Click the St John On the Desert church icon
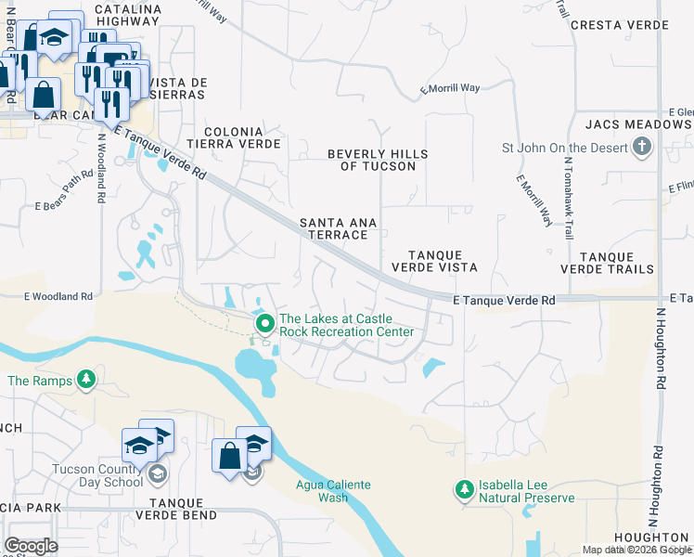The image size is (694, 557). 641,147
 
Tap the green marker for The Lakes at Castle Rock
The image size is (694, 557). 265,324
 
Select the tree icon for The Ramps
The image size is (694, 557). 86,379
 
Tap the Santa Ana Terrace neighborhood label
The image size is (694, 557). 333,229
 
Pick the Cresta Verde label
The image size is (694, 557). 619,24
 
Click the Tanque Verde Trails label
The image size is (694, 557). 617,263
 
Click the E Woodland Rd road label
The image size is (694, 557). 59,297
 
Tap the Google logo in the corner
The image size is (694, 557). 31,545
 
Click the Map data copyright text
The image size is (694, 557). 636,550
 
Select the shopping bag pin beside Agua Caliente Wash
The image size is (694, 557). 229,457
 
